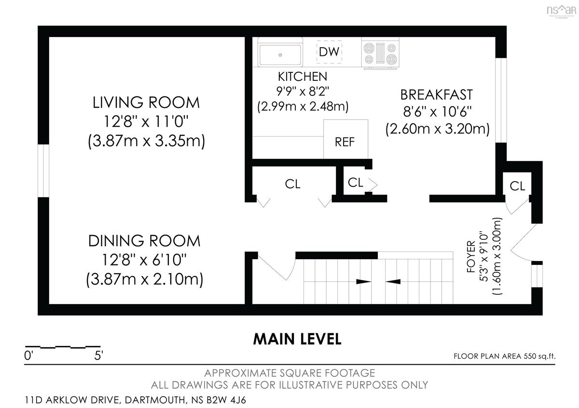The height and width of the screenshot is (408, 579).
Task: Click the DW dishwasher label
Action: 329,52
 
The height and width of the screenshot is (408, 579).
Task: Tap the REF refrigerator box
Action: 345,139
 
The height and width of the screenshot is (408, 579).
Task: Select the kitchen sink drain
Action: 280,55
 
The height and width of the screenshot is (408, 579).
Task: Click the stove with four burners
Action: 380,53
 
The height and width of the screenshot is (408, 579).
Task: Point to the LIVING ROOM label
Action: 146,103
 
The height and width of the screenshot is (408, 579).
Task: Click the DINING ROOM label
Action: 144,241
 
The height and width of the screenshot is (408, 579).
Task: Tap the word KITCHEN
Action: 303,77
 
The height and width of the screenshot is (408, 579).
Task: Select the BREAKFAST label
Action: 437,95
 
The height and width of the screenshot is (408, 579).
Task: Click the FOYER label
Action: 471,257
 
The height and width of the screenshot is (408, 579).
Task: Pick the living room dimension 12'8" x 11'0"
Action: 146,121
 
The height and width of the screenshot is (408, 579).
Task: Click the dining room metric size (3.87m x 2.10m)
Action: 144,279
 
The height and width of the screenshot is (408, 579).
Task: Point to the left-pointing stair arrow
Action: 393,281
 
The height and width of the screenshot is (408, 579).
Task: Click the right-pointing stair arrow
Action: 364,281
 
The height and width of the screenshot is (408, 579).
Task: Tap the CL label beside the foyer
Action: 517,186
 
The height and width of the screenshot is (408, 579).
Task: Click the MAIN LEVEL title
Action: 297,339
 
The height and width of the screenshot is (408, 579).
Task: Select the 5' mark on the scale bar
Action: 98,355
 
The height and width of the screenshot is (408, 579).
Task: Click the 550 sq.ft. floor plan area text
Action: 539,356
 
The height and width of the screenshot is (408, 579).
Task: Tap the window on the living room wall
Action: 43,171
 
